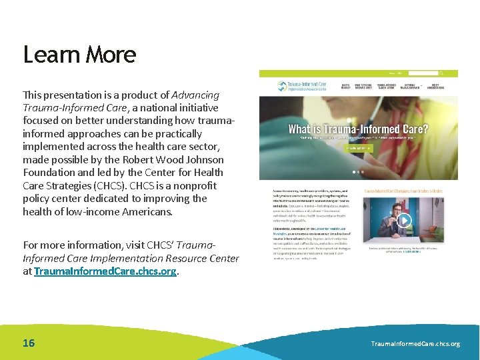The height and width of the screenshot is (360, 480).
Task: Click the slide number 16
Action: [x=29, y=343]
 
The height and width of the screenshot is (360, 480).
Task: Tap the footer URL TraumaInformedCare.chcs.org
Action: [x=415, y=344]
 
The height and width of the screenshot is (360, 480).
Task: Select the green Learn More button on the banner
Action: [x=359, y=149]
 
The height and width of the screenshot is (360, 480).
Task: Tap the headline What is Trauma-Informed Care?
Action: [x=358, y=129]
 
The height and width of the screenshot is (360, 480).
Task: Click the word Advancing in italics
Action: [x=195, y=95]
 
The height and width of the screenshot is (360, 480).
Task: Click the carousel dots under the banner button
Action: [x=359, y=171]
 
